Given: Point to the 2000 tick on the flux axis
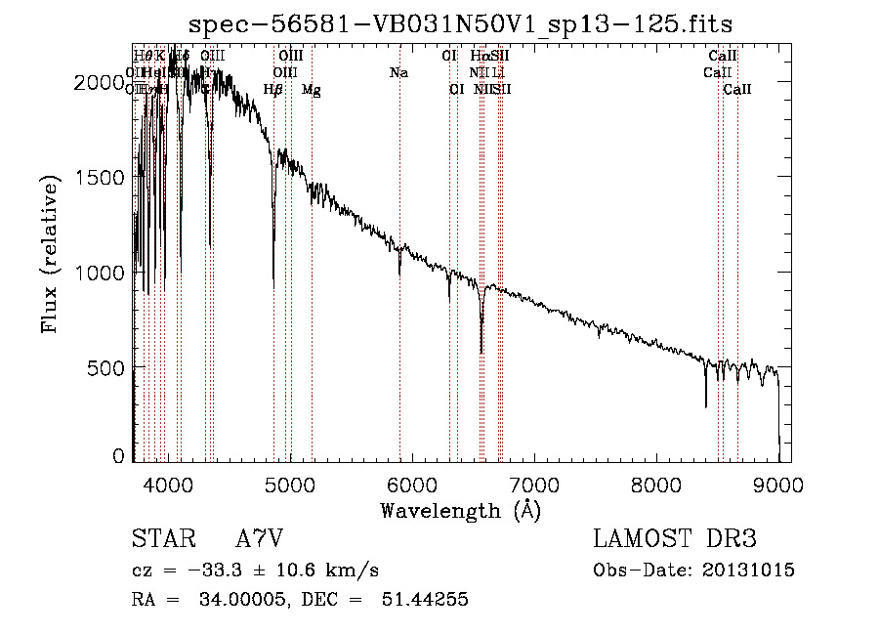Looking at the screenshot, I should pyautogui.click(x=100, y=84).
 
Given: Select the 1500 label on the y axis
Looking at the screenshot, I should pyautogui.click(x=100, y=179).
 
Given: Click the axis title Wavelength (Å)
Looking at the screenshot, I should pyautogui.click(x=460, y=510).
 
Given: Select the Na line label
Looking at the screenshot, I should pyautogui.click(x=398, y=73).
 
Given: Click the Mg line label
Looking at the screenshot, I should pyautogui.click(x=311, y=91).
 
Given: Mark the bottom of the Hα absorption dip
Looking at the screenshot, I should pyautogui.click(x=481, y=353).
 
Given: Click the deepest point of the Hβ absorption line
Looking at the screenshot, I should pyautogui.click(x=273, y=283).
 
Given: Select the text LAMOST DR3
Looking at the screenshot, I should pyautogui.click(x=674, y=540).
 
